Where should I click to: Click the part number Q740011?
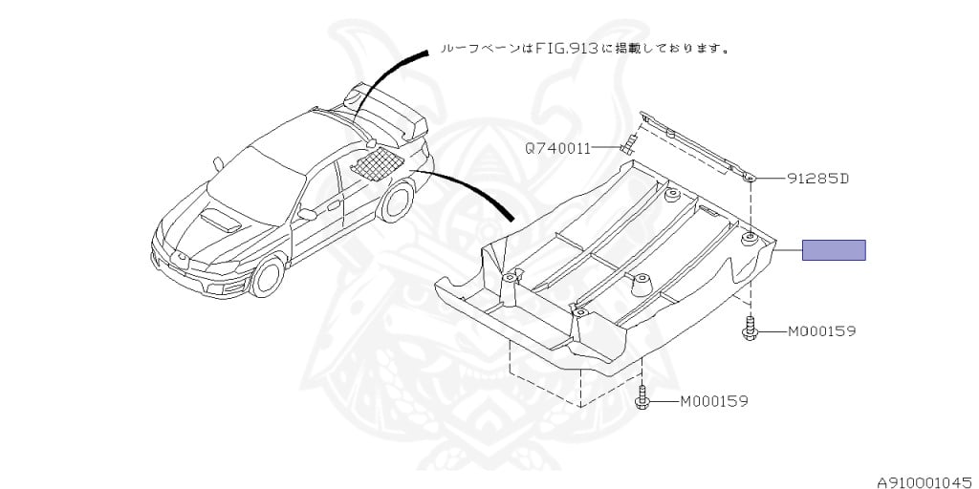pos(556,149)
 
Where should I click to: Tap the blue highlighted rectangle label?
pos(833,250)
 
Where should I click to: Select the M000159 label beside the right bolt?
pos(821,331)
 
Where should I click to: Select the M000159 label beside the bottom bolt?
pos(713,401)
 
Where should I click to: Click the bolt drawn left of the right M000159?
pos(751,328)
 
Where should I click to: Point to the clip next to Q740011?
pos(630,146)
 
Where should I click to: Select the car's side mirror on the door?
pos(306,215)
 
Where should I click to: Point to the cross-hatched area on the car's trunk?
pos(375,160)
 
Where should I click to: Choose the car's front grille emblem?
pos(179,256)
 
